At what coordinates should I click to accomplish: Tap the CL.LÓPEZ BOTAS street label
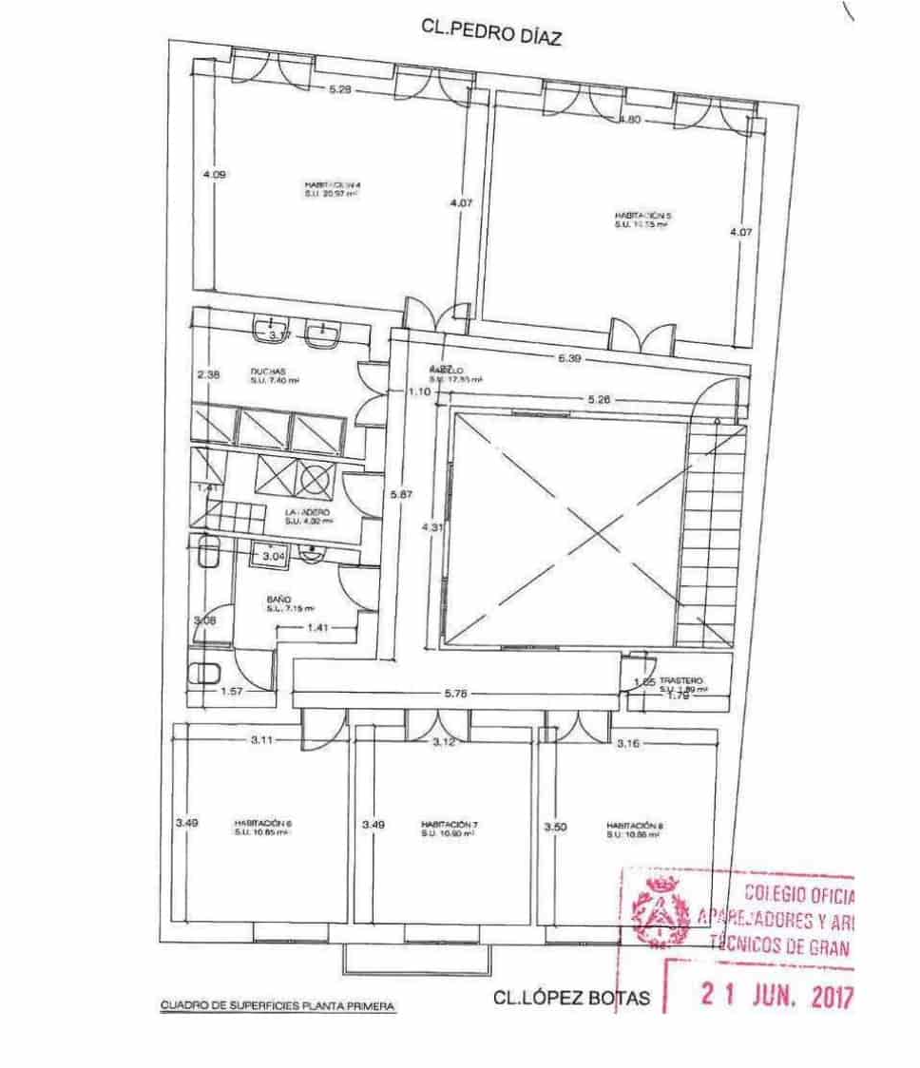coord(572,998)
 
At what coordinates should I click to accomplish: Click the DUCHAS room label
coord(268,372)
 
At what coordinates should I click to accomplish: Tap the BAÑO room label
coord(278,600)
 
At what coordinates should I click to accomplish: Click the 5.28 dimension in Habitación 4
coord(341,90)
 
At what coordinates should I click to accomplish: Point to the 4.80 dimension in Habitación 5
coord(632,120)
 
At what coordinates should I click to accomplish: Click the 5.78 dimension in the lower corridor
coord(456,695)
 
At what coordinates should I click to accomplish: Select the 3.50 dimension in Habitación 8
coord(555,827)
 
